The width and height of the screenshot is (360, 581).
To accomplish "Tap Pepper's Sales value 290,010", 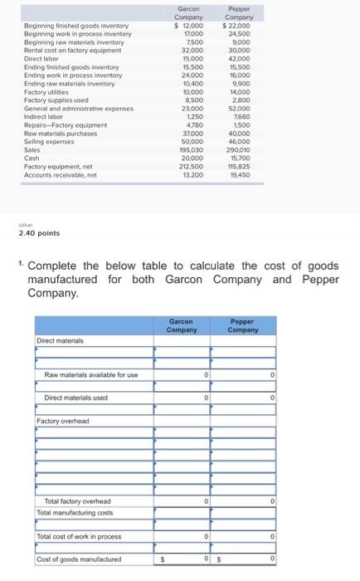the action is click(x=240, y=148).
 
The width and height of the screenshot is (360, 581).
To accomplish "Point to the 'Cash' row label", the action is click(x=32, y=157).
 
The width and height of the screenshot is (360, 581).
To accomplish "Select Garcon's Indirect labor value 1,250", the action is click(x=194, y=117).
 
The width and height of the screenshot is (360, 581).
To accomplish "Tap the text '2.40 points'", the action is click(x=39, y=233).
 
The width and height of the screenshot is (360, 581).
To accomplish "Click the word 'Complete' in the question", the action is click(x=56, y=266).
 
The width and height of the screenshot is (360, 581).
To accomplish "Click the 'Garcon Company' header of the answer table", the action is click(x=182, y=326).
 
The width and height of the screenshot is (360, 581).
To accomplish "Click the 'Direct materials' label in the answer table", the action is click(x=61, y=340).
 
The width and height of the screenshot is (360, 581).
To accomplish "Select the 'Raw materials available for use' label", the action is click(x=91, y=375).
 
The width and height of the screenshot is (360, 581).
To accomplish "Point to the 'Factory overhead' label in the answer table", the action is click(x=62, y=421).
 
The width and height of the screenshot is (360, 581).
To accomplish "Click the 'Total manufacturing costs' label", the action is click(x=75, y=513).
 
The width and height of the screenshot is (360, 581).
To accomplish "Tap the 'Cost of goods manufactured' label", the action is click(x=78, y=559).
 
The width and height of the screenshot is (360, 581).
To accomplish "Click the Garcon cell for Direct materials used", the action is click(x=182, y=398).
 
